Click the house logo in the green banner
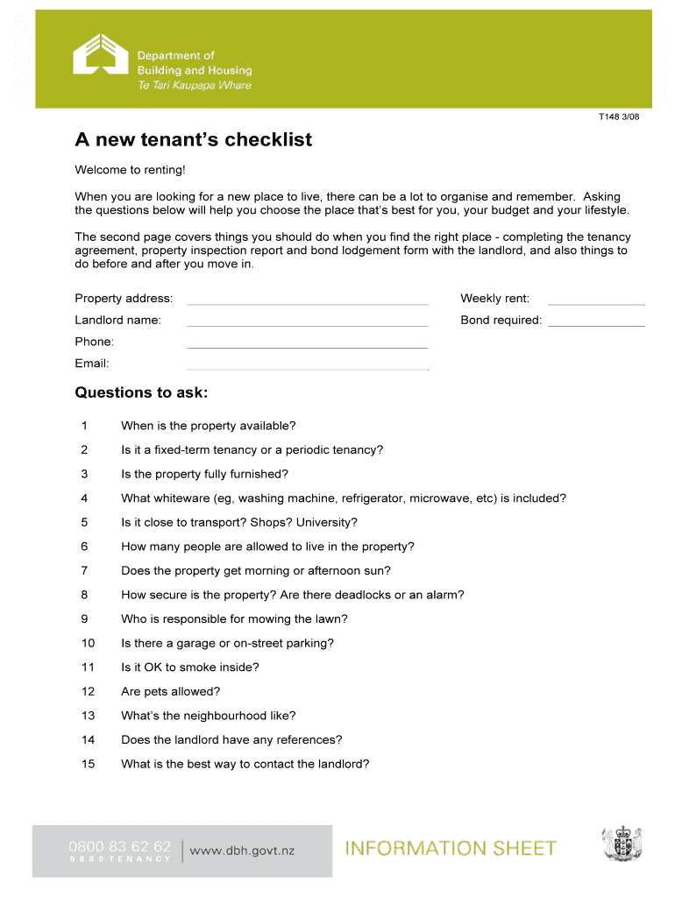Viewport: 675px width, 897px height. coord(101,58)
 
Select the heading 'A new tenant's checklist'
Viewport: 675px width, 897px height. coord(193,140)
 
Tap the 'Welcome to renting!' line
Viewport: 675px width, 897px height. coord(130,169)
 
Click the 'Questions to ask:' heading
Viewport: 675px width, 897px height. coord(141,392)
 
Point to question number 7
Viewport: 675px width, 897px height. coord(84,571)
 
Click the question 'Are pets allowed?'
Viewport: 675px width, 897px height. coord(170,691)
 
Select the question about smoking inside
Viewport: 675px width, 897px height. coord(190,667)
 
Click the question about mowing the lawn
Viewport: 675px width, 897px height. coord(234,619)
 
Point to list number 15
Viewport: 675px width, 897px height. coord(88,764)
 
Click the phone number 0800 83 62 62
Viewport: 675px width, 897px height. coord(120,846)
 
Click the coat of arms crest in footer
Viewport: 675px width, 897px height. coord(622,844)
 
